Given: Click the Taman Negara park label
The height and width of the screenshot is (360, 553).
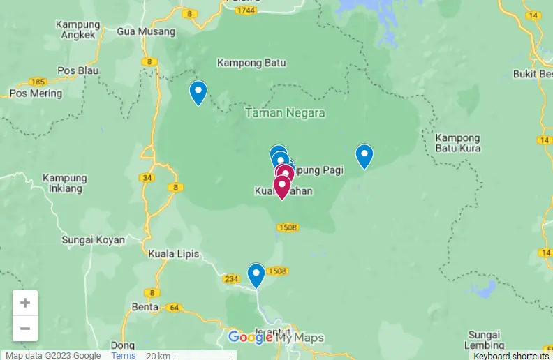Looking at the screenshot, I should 285,112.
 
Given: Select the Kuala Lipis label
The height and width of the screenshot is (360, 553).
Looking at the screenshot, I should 172,254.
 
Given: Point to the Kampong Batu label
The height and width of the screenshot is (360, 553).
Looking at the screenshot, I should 251,63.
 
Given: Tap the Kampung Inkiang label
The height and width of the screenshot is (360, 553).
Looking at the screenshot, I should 65,183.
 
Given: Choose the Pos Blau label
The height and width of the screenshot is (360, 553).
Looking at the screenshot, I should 78,70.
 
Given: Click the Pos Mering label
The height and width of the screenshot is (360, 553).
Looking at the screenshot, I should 35,93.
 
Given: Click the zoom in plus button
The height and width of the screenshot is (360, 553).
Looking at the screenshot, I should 25,303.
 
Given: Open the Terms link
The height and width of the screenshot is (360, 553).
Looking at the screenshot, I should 124,355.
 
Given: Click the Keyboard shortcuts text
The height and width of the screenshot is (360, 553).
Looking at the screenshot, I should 511,356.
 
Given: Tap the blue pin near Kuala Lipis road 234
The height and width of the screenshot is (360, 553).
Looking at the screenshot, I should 256,274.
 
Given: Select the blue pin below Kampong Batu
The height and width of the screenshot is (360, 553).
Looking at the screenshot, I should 198,91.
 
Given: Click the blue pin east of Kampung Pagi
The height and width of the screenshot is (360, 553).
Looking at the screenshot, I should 364,156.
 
